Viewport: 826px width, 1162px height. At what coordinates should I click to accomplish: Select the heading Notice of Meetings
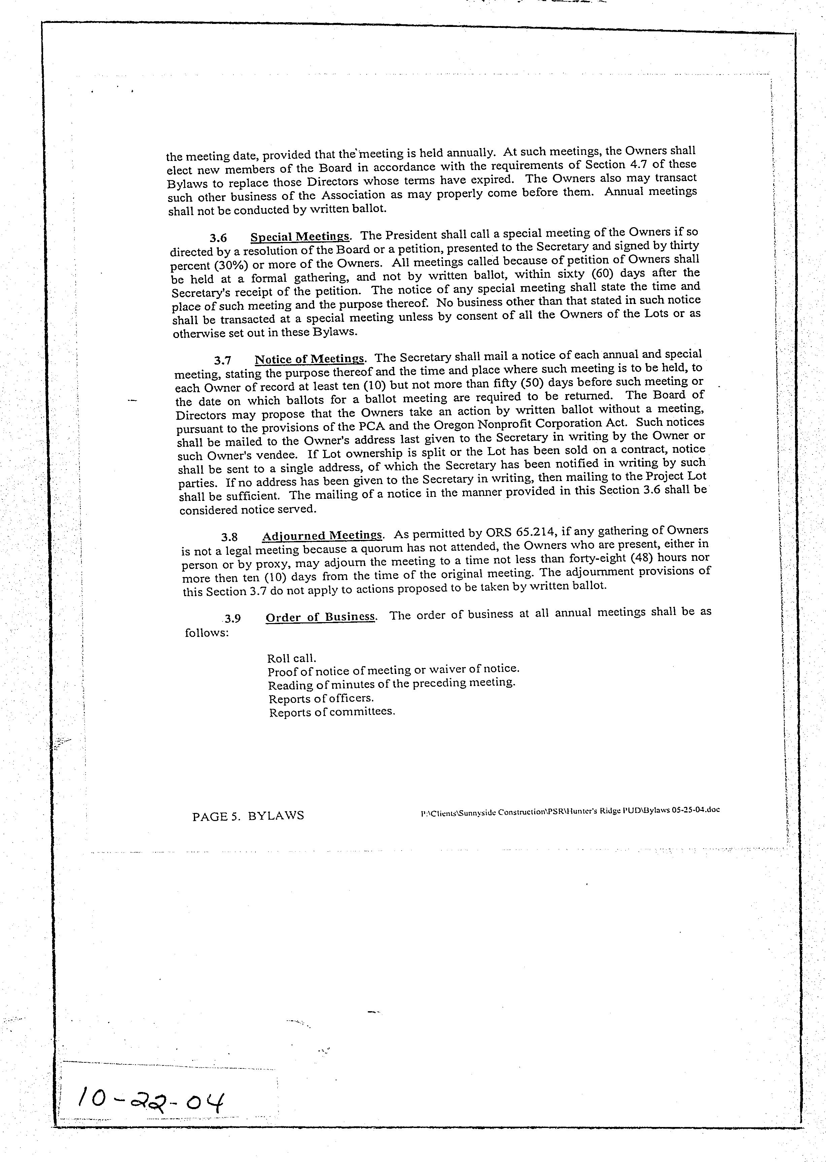coord(309,358)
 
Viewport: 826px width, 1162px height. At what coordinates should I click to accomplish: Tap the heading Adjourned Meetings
coord(322,536)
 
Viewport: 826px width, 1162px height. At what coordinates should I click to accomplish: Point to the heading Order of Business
coord(320,617)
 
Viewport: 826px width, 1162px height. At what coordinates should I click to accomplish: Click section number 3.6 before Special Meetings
coord(218,238)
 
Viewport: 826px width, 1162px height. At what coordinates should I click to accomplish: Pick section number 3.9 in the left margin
coord(233,618)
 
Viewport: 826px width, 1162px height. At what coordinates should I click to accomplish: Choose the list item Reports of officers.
coord(321,698)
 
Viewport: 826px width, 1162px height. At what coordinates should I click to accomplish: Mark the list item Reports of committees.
coord(332,712)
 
